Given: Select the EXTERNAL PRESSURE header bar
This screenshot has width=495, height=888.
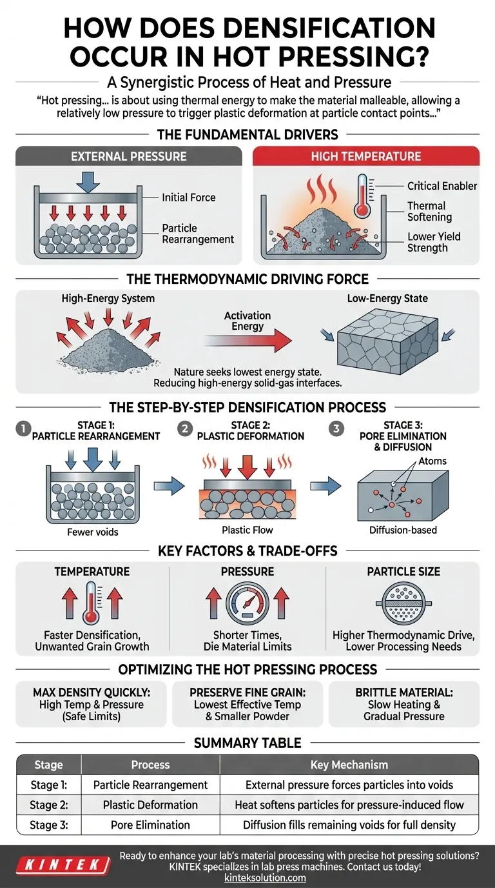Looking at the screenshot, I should pyautogui.click(x=128, y=156).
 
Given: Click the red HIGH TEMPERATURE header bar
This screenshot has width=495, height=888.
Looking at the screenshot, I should pyautogui.click(x=366, y=156).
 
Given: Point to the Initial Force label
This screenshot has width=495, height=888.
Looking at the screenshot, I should pyautogui.click(x=188, y=197).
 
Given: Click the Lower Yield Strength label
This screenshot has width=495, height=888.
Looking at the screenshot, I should pyautogui.click(x=434, y=242).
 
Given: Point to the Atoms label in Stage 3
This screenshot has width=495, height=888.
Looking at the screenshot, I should pyautogui.click(x=432, y=461).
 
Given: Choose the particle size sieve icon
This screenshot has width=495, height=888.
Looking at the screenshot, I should pyautogui.click(x=403, y=604).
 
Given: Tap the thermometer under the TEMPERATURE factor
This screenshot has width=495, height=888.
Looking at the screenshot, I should pyautogui.click(x=91, y=603).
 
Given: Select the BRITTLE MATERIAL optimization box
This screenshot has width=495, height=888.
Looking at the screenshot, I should pyautogui.click(x=403, y=704).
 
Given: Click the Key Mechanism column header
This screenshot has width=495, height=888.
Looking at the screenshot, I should pyautogui.click(x=349, y=765).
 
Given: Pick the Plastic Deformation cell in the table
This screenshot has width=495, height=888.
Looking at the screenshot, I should pyautogui.click(x=150, y=805).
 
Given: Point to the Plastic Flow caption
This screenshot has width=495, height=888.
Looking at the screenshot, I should pyautogui.click(x=247, y=530).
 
